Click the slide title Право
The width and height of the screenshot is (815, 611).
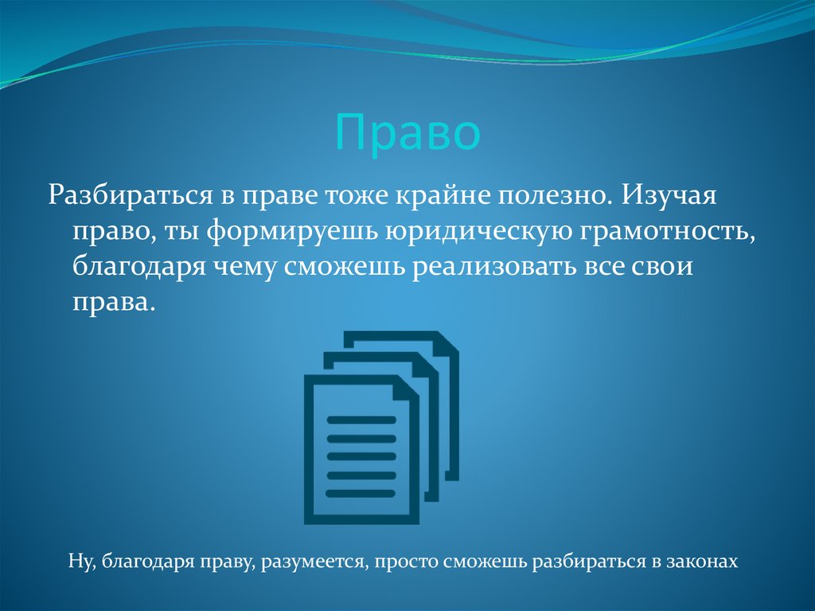pos(407,134)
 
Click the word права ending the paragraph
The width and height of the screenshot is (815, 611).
pos(111,304)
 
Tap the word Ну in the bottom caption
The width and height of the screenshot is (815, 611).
pos(81,562)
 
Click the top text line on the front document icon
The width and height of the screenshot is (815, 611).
pos(361,419)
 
